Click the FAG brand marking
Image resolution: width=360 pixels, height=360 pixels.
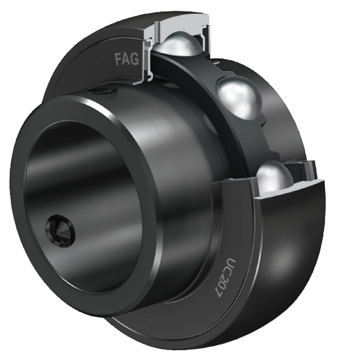click(x=127, y=59)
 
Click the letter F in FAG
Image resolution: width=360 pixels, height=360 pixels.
click(x=118, y=60)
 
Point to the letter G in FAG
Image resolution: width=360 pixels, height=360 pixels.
click(x=135, y=59)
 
